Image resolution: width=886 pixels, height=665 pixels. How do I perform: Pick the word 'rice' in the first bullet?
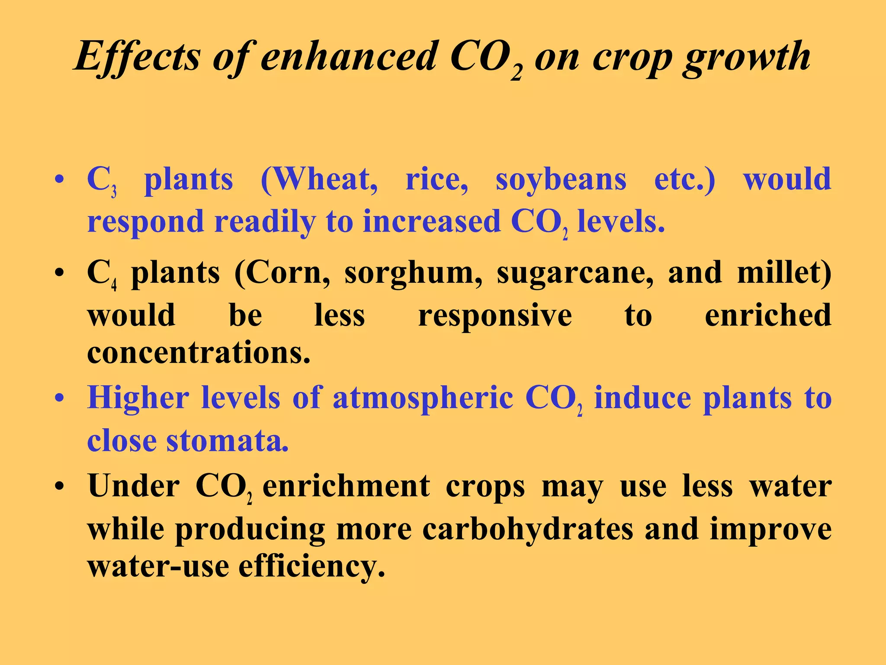(436, 179)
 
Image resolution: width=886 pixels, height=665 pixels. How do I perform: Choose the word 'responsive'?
(495, 316)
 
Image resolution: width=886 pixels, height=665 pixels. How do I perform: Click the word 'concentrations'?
(198, 353)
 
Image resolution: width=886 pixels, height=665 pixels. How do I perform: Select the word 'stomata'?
(227, 441)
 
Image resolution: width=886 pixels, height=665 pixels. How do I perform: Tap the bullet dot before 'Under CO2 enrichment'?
(60, 486)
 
